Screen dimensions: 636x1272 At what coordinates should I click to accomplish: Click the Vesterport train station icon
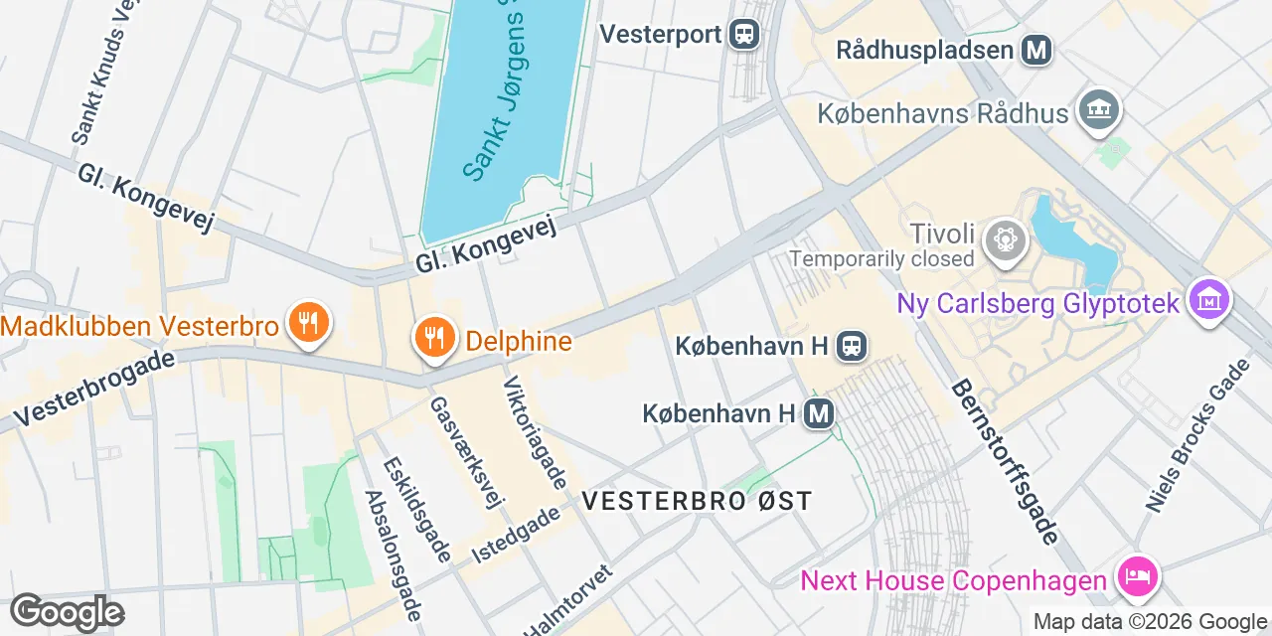coord(743,35)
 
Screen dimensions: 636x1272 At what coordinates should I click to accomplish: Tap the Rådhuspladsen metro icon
coord(1037,49)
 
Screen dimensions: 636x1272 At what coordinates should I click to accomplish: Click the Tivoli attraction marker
coord(1005,239)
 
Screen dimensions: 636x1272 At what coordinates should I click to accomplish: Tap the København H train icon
coord(853,346)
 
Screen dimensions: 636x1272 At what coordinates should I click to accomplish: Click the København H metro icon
coord(819,412)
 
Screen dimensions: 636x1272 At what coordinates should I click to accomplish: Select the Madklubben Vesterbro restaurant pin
coord(309,323)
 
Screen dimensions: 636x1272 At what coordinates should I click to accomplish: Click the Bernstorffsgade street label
coord(1005,461)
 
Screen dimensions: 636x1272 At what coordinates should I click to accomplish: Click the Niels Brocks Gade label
coord(1197,435)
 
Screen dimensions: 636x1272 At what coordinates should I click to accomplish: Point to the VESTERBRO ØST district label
coord(698,501)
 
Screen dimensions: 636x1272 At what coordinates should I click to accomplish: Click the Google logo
coord(68,612)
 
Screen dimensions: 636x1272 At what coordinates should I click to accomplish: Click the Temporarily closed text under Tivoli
coord(881,259)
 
